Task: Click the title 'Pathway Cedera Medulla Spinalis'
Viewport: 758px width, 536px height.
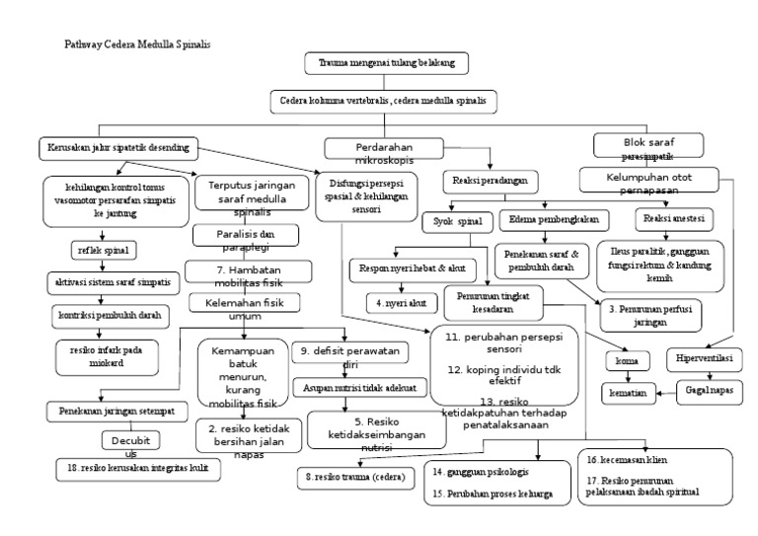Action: (138, 44)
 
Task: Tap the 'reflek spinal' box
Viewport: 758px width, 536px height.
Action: (103, 250)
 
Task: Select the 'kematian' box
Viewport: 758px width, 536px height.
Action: (627, 392)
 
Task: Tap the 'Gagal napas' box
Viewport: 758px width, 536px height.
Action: (709, 391)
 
